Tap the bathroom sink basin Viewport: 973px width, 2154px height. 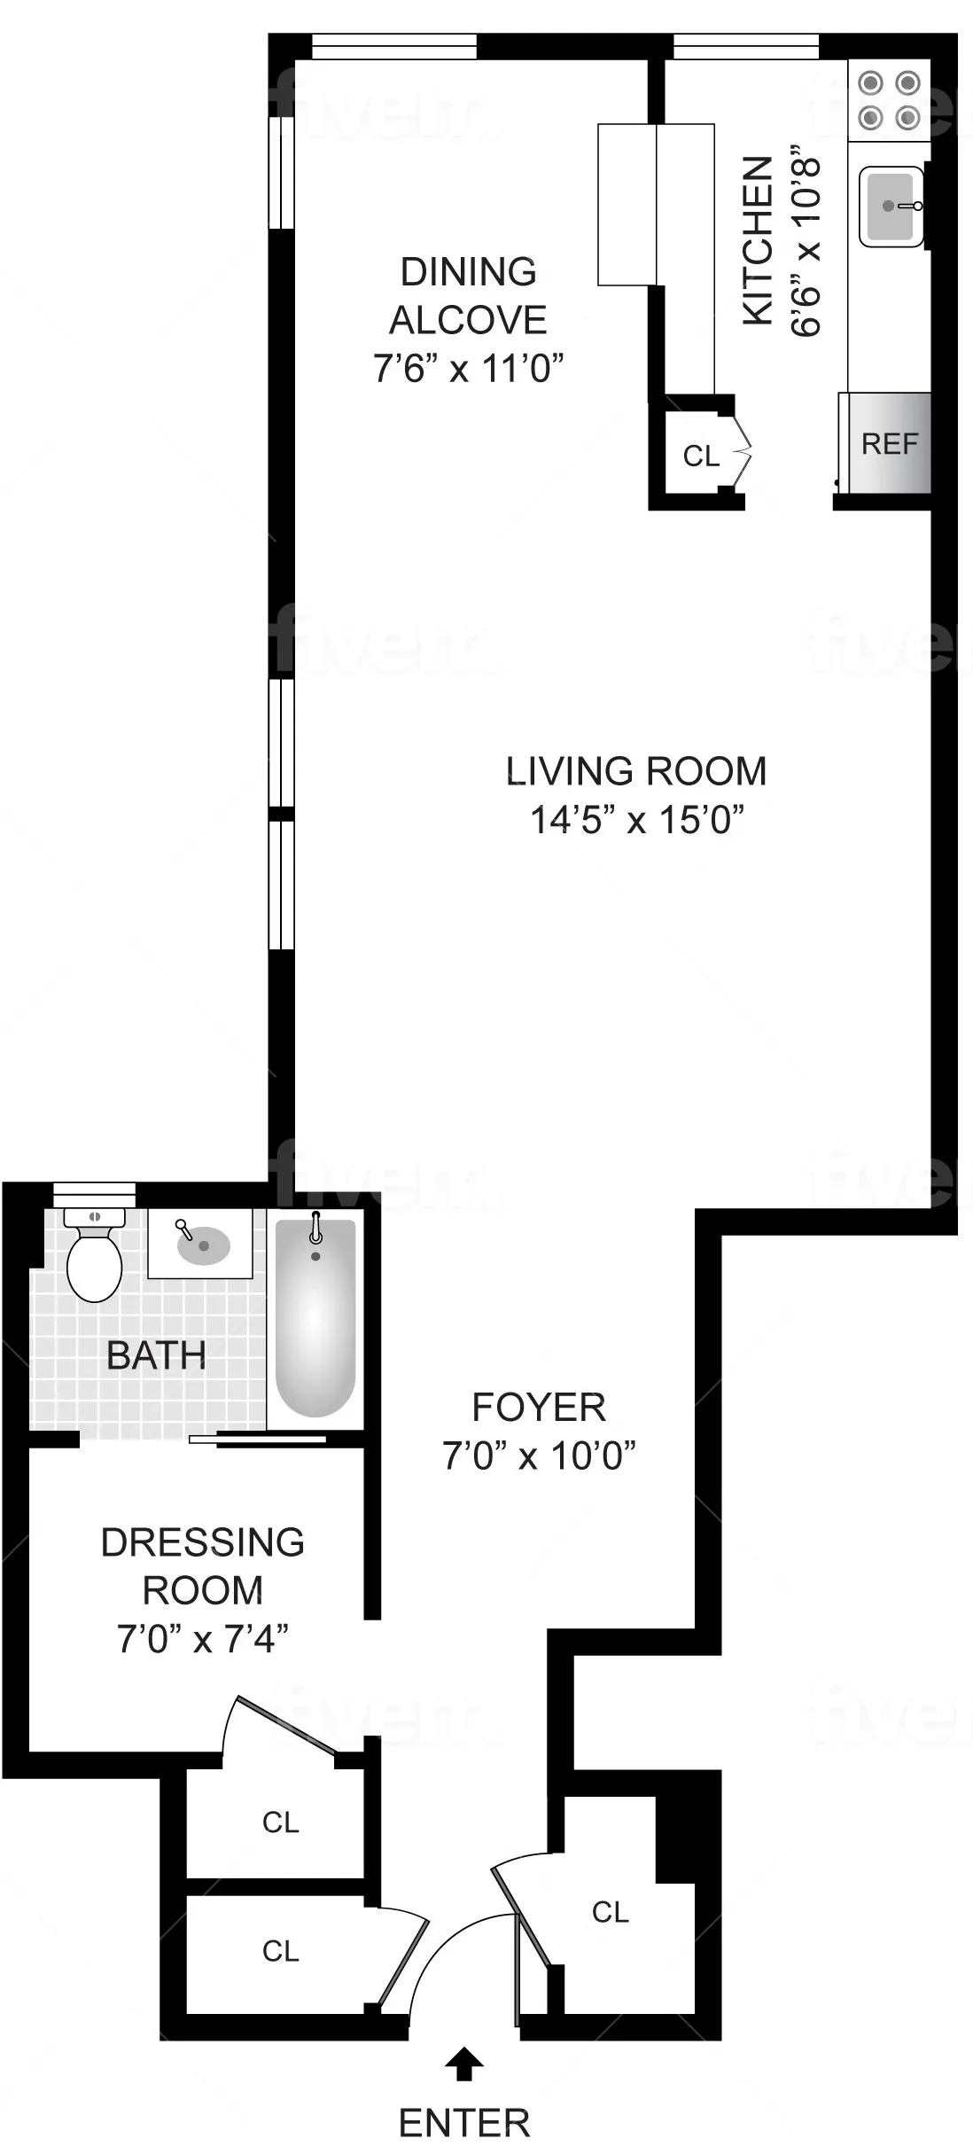pyautogui.click(x=204, y=1245)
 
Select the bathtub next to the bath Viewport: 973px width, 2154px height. pyautogui.click(x=315, y=1319)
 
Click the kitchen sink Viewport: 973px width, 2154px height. pyautogui.click(x=890, y=207)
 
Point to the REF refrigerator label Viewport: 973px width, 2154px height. pyautogui.click(x=890, y=443)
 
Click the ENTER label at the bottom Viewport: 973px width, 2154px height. pyautogui.click(x=464, y=2123)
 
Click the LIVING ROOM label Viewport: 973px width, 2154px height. pyautogui.click(x=635, y=771)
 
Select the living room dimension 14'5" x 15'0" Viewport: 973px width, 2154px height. pyautogui.click(x=635, y=820)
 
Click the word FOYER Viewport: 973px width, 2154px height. pyautogui.click(x=539, y=1408)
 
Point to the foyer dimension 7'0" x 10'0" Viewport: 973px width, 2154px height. pyautogui.click(x=539, y=1456)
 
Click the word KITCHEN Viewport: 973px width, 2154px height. pyautogui.click(x=758, y=241)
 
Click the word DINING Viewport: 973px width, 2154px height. pyautogui.click(x=469, y=272)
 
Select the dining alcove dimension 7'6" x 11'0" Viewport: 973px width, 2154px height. pyautogui.click(x=469, y=368)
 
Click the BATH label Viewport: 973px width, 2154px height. pyautogui.click(x=156, y=1356)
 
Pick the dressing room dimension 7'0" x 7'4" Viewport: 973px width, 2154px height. pyautogui.click(x=203, y=1639)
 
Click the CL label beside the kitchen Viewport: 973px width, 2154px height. pyautogui.click(x=701, y=456)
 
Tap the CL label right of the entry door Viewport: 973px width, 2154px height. pyautogui.click(x=611, y=1912)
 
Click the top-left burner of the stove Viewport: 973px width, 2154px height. pyautogui.click(x=872, y=83)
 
